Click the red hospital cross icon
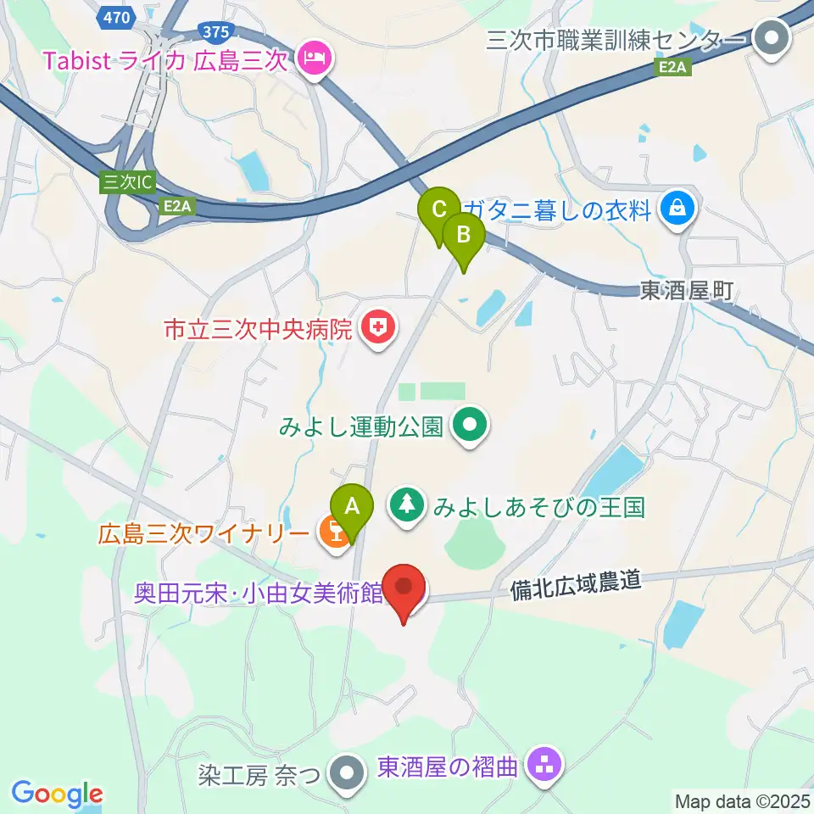pyautogui.click(x=377, y=328)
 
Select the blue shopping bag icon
pyautogui.click(x=679, y=208)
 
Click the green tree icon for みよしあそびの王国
pyautogui.click(x=408, y=507)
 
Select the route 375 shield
pyautogui.click(x=216, y=31)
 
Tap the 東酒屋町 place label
pyautogui.click(x=686, y=290)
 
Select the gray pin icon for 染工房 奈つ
pyautogui.click(x=348, y=773)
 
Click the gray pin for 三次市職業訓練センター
pyautogui.click(x=772, y=38)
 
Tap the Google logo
pyautogui.click(x=57, y=794)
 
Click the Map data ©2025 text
pyautogui.click(x=741, y=800)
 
